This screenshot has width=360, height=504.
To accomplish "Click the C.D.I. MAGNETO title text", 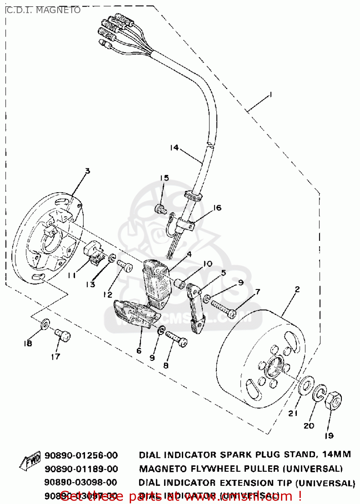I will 43,10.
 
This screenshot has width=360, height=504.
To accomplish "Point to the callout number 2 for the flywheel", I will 297,289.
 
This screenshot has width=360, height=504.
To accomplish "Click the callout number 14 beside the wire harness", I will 174,148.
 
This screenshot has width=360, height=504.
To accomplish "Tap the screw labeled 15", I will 161,209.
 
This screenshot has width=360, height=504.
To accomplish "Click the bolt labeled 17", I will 63,335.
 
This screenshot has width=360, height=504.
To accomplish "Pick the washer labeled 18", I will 45,324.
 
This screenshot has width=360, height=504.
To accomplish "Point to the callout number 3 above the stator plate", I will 87,171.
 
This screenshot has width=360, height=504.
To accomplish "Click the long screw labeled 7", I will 223,309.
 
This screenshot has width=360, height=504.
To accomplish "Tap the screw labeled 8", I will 176,339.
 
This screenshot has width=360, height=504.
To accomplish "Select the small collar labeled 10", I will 179,283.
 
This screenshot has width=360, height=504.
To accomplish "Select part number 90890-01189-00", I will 81,469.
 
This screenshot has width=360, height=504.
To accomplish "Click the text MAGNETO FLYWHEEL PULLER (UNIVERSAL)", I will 241,469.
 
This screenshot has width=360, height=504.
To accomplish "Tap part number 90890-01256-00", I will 81,455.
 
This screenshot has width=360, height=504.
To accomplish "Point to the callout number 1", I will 270,95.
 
